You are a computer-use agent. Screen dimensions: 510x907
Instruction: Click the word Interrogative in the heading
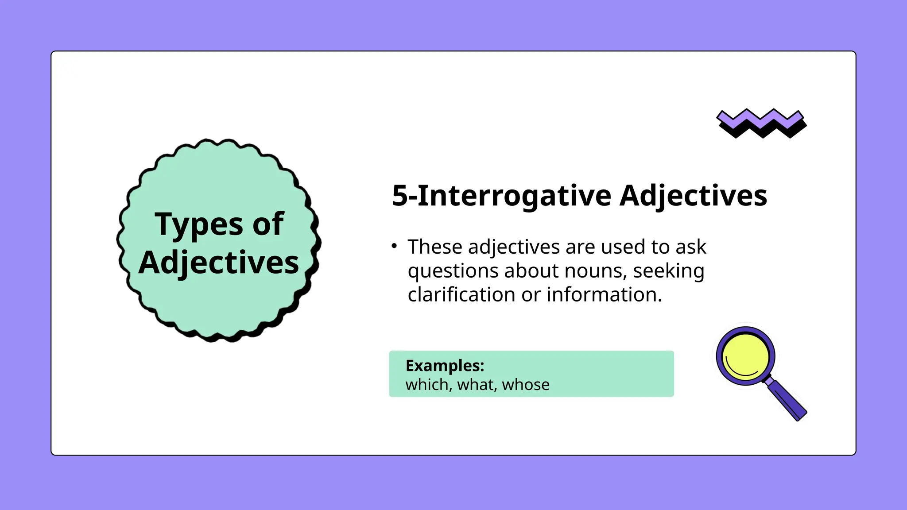pyautogui.click(x=514, y=196)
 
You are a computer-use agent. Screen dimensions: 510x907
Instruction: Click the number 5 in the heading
pyautogui.click(x=399, y=196)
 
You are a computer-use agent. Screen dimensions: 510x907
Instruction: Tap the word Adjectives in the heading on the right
pyautogui.click(x=693, y=196)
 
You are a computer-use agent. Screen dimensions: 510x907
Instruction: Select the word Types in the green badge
pyautogui.click(x=198, y=225)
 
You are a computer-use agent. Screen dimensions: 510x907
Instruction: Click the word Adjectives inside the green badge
pyautogui.click(x=219, y=263)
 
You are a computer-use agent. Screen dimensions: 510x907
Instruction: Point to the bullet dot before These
pyautogui.click(x=394, y=245)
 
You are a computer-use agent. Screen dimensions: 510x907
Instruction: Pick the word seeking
pyautogui.click(x=668, y=271)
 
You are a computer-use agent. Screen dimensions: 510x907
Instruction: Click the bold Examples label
pyautogui.click(x=445, y=366)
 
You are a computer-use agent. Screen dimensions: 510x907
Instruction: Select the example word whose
pyautogui.click(x=526, y=385)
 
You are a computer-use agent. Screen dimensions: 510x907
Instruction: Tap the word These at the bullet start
pyautogui.click(x=435, y=247)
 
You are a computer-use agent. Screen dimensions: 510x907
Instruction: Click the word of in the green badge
pyautogui.click(x=268, y=224)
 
